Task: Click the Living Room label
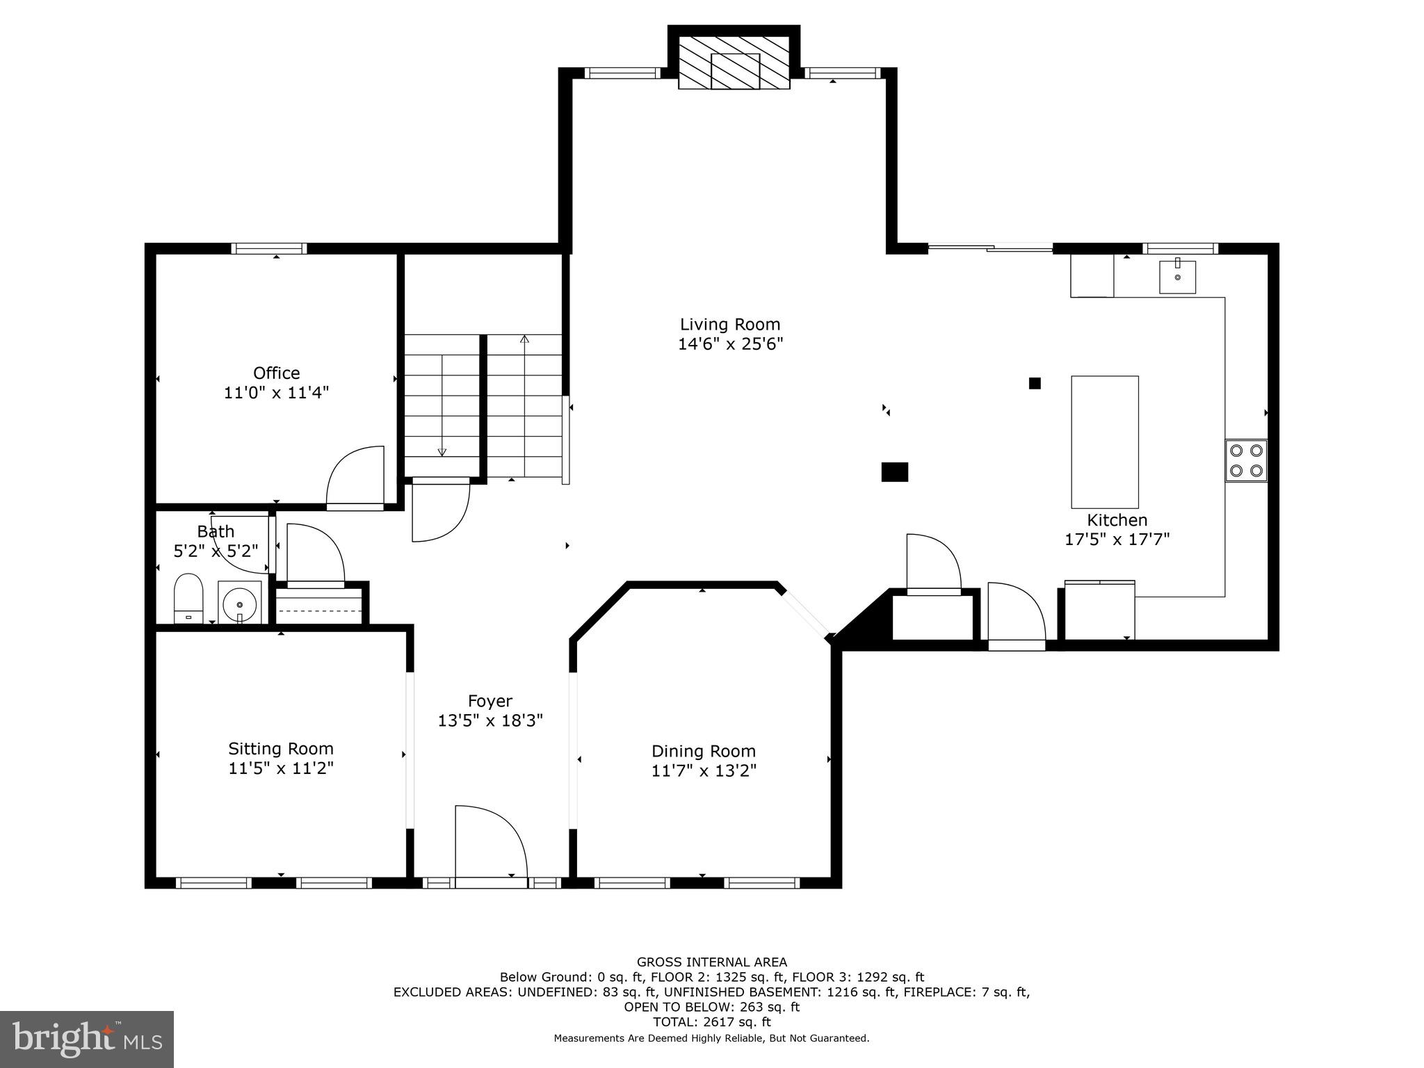pyautogui.click(x=729, y=324)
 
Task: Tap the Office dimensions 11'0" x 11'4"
pyautogui.click(x=276, y=393)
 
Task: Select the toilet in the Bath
pyautogui.click(x=188, y=599)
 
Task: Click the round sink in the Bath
pyautogui.click(x=240, y=602)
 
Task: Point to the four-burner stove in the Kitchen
pyautogui.click(x=1245, y=460)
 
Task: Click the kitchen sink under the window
pyautogui.click(x=1177, y=277)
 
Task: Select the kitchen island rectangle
pyautogui.click(x=1104, y=442)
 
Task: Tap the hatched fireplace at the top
pyautogui.click(x=734, y=63)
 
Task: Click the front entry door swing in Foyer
pyautogui.click(x=489, y=845)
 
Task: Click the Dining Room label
pyautogui.click(x=703, y=751)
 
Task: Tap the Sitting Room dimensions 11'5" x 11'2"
pyautogui.click(x=281, y=768)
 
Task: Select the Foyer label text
pyautogui.click(x=489, y=701)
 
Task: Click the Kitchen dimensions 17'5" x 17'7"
pyautogui.click(x=1117, y=539)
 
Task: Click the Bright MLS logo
pyautogui.click(x=87, y=1039)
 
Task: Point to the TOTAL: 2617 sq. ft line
pyautogui.click(x=711, y=1022)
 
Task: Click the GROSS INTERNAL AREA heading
pyautogui.click(x=711, y=962)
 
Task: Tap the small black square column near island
pyautogui.click(x=1035, y=383)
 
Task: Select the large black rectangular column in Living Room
pyautogui.click(x=894, y=471)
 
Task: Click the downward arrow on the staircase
pyautogui.click(x=442, y=451)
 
